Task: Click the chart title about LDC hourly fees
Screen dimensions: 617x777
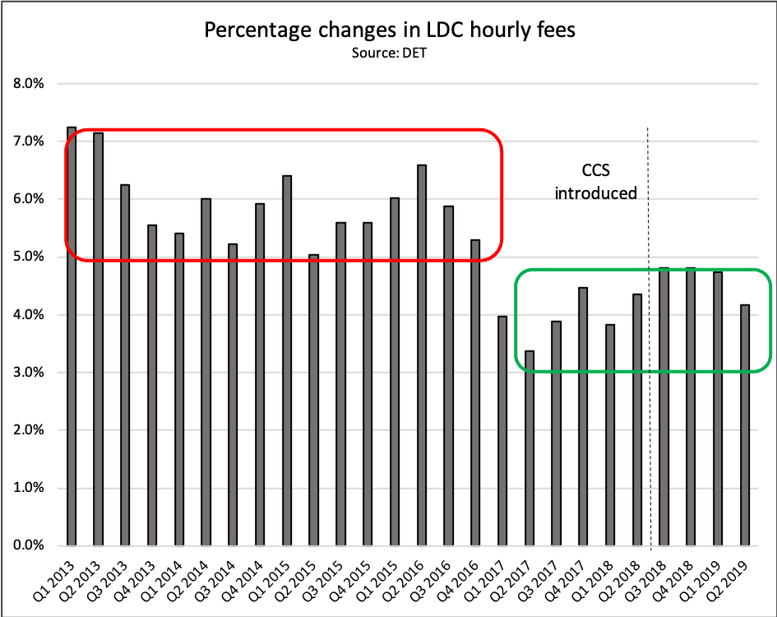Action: (x=389, y=31)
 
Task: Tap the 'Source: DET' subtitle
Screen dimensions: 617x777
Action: (x=389, y=53)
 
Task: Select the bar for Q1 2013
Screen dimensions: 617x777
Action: (x=72, y=337)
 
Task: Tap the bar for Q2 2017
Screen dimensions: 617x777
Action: (x=530, y=448)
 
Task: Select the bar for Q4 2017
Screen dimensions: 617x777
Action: (x=583, y=416)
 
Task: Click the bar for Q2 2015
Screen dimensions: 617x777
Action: (x=314, y=400)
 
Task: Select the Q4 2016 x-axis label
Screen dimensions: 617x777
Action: (x=464, y=579)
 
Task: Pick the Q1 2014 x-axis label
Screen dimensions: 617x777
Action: (x=168, y=579)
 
